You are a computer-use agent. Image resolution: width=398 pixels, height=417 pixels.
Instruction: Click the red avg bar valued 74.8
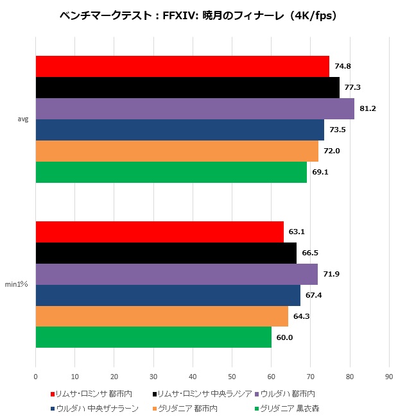pos(182,67)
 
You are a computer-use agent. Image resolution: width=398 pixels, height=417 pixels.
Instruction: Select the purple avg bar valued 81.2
pos(195,108)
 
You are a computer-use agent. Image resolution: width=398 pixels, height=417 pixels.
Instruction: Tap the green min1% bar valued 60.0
pos(153,337)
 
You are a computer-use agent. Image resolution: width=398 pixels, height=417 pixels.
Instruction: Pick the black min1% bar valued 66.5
pos(166,253)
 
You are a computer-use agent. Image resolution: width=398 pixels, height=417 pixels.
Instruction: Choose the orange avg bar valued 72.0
pos(177,151)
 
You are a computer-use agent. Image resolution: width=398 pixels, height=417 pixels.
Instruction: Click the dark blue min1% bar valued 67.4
pos(168,295)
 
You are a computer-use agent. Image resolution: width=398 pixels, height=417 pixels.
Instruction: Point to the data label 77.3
pos(352,87)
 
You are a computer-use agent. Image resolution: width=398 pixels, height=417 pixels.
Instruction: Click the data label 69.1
pos(320,172)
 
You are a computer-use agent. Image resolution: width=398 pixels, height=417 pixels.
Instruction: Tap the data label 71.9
pos(331,274)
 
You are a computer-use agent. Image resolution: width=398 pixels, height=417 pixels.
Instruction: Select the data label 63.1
pos(297,232)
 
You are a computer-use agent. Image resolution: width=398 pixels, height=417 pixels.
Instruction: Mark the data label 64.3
pos(301,316)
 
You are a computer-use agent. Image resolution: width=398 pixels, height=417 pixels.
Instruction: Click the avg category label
pos(22,119)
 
